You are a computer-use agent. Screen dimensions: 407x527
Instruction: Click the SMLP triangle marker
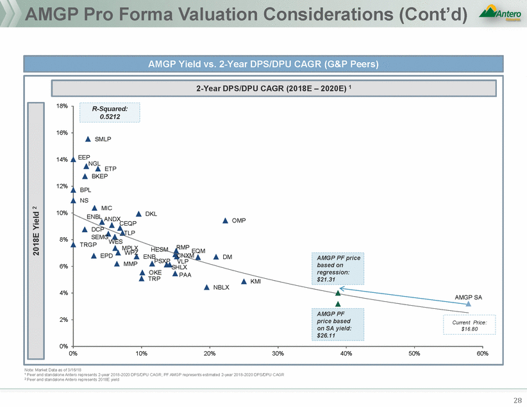pyautogui.click(x=88, y=138)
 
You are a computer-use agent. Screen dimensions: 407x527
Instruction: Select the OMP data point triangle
pyautogui.click(x=225, y=220)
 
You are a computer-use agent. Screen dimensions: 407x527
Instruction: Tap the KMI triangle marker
pyautogui.click(x=244, y=281)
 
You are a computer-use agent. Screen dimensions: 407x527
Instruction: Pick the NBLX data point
pyautogui.click(x=206, y=287)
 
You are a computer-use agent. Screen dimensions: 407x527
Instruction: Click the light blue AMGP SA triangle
pyautogui.click(x=468, y=304)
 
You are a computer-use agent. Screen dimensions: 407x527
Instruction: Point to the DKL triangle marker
pyautogui.click(x=138, y=214)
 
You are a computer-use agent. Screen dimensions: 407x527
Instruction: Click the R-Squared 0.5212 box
pyautogui.click(x=110, y=113)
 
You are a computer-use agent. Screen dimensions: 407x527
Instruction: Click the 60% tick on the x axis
pyautogui.click(x=482, y=353)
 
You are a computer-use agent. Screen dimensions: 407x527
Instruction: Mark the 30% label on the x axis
pyautogui.click(x=278, y=353)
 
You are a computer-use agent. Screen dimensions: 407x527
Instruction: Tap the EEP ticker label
pyautogui.click(x=83, y=157)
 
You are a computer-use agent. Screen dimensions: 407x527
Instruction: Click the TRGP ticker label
pyautogui.click(x=88, y=245)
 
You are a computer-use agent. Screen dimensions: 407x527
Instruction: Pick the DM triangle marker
pyautogui.click(x=216, y=257)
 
